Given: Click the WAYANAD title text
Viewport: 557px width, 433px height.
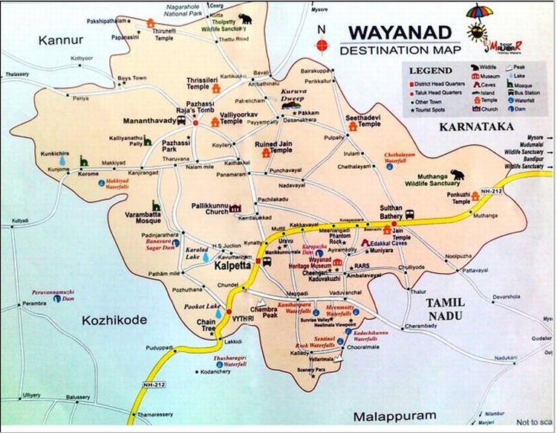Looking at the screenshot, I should click(x=400, y=35).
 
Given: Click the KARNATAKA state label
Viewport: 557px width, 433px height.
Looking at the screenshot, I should click(x=476, y=127).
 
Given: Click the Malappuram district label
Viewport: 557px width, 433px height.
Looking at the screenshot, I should click(x=391, y=415).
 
